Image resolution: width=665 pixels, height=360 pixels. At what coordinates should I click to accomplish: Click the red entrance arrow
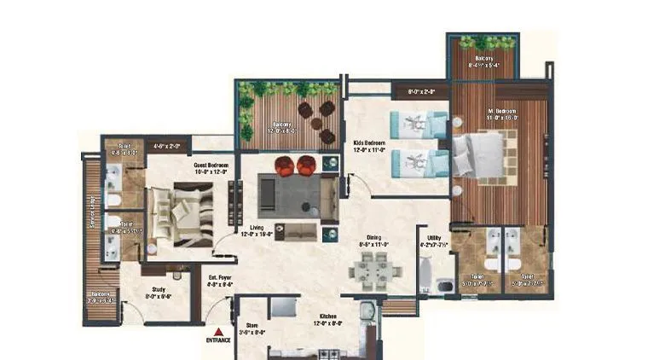click(x=219, y=331)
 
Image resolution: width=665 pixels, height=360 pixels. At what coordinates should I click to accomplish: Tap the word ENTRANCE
click(x=219, y=342)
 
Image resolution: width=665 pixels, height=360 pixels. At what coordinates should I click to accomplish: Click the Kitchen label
click(x=327, y=319)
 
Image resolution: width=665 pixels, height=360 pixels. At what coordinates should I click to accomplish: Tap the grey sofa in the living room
click(x=290, y=195)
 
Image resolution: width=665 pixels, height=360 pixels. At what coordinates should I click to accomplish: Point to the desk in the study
click(x=176, y=275)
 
